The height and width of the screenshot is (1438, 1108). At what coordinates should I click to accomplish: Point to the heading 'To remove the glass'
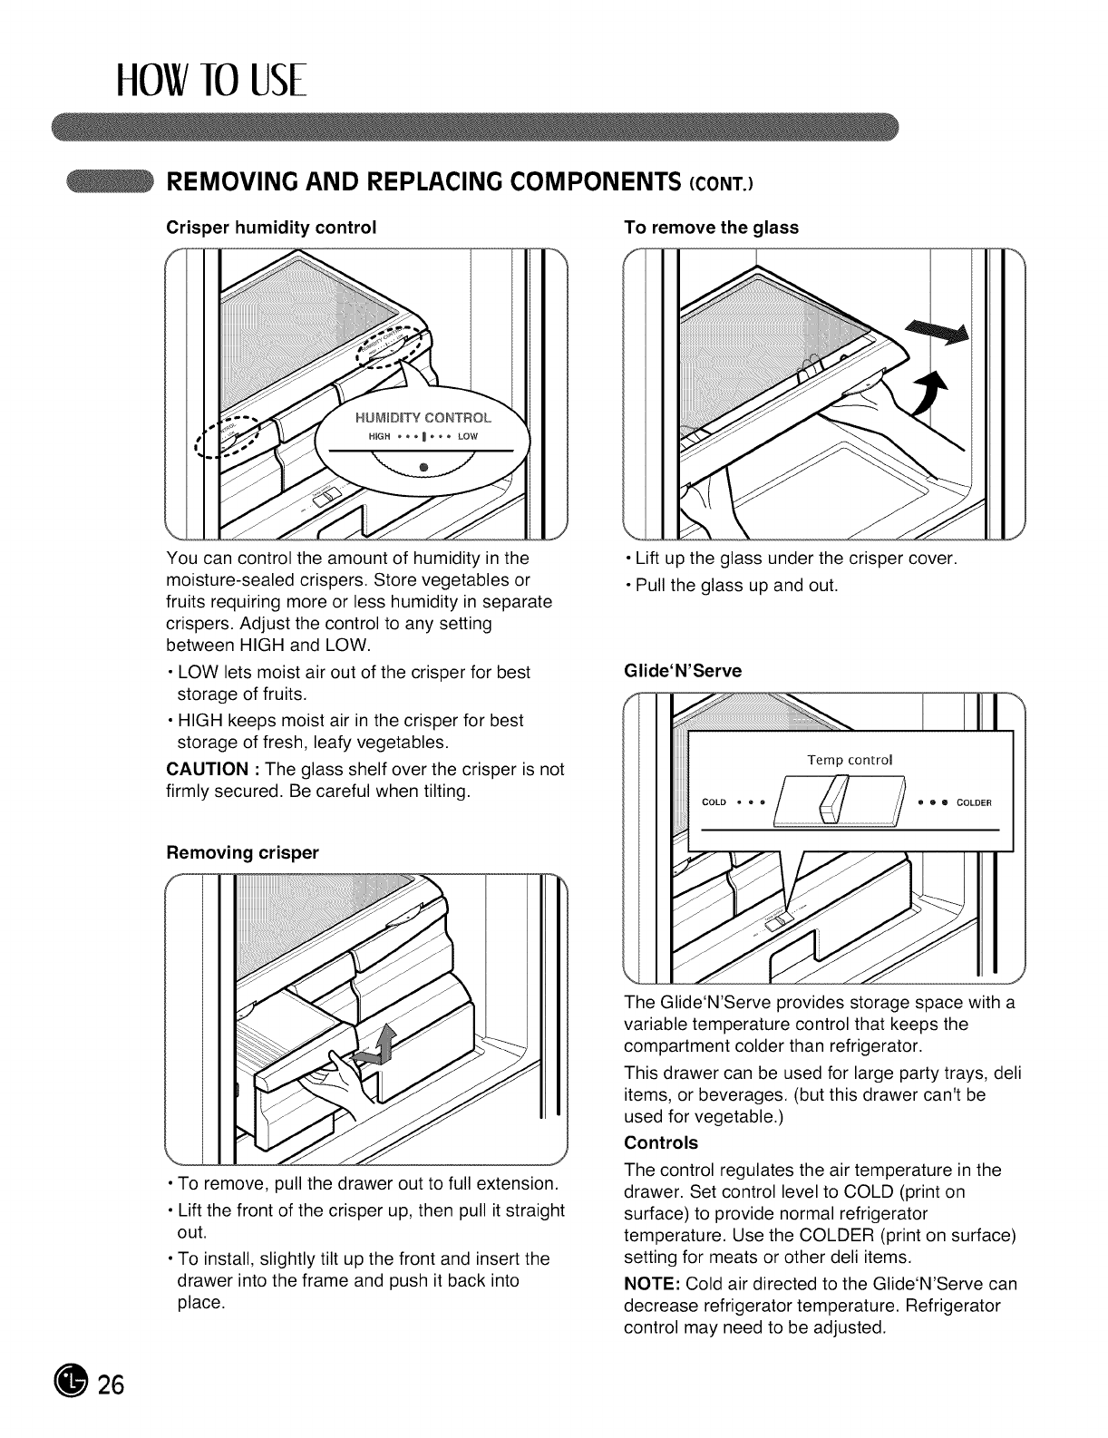(x=712, y=227)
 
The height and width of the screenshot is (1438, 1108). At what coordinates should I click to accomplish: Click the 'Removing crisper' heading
(x=243, y=852)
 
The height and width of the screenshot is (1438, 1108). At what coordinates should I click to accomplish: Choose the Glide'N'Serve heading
(x=684, y=670)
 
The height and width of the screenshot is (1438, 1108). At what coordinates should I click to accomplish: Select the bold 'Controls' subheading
(x=661, y=1142)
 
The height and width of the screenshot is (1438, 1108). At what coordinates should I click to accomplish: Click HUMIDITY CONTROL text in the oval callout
(x=422, y=418)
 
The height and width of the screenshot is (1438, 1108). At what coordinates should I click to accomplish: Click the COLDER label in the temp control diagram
(x=974, y=802)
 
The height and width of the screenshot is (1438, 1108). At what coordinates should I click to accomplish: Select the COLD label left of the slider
(x=714, y=802)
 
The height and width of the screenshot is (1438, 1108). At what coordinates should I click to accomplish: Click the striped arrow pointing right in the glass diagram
(x=938, y=331)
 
